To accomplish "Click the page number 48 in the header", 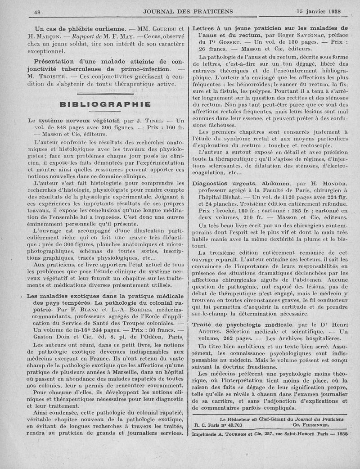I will (37, 12).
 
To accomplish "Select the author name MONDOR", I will (334, 184).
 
